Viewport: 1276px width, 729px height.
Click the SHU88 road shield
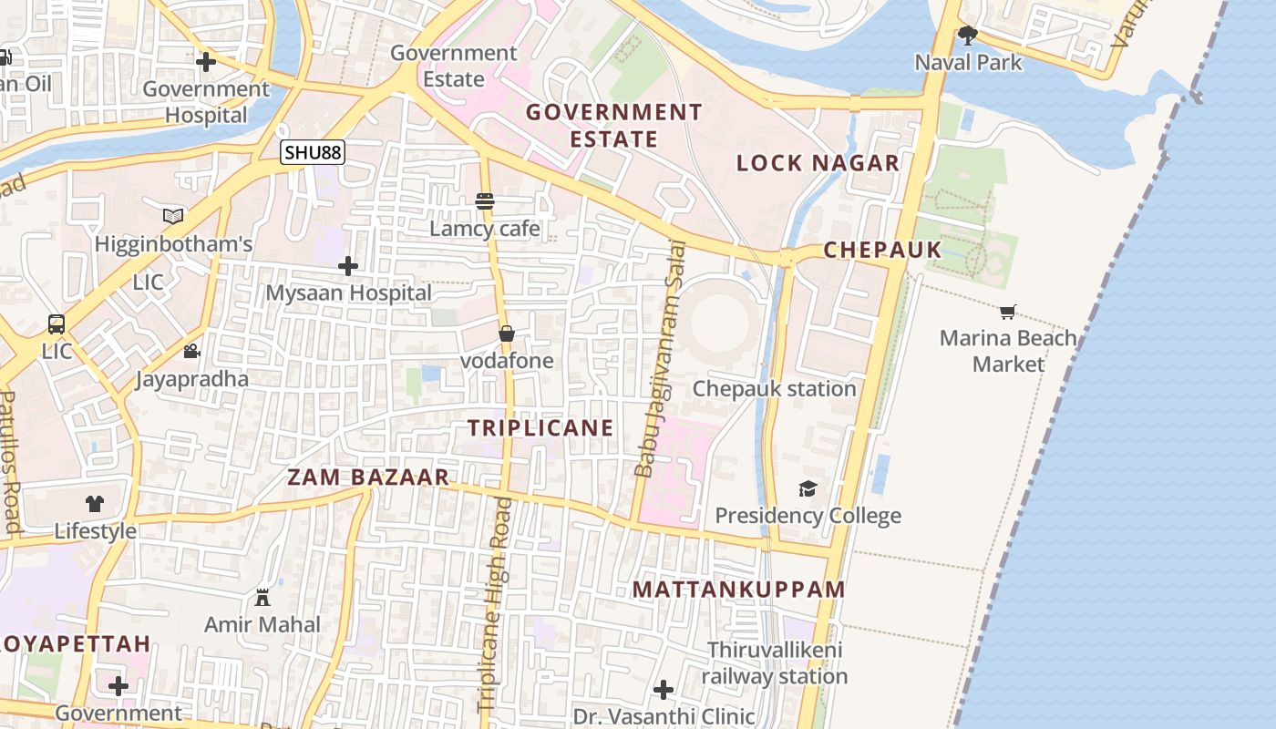[312, 152]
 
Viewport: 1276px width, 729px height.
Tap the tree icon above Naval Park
[968, 36]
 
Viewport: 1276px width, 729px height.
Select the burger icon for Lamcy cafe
[485, 201]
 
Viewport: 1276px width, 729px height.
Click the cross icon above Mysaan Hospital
[348, 266]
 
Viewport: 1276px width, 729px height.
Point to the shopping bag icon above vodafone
[507, 334]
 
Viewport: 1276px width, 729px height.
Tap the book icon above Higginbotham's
[173, 216]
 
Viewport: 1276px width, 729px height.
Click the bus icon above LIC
[57, 323]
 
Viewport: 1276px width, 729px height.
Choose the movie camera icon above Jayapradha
[191, 351]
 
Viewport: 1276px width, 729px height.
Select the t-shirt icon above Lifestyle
[95, 503]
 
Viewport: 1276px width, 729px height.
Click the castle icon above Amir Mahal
[262, 598]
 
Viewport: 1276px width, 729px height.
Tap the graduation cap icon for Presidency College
[808, 489]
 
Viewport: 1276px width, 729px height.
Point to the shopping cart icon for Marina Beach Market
[1007, 312]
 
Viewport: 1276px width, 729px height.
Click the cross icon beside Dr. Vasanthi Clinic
[664, 690]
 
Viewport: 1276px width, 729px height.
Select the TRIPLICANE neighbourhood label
[540, 427]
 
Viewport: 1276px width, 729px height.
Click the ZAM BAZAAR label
[368, 477]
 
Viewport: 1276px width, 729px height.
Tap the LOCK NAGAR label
[818, 163]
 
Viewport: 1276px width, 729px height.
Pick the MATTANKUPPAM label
[739, 589]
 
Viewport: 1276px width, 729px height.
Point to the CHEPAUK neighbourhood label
[882, 250]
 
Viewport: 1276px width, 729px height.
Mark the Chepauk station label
[774, 388]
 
